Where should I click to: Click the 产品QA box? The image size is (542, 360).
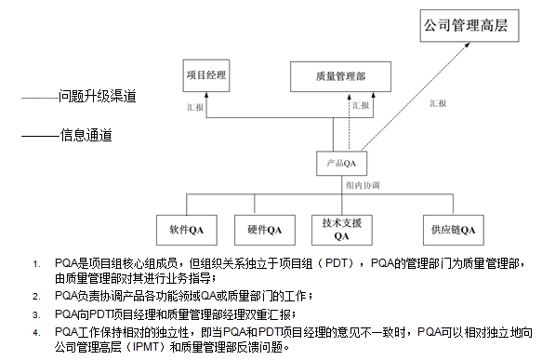point(341,164)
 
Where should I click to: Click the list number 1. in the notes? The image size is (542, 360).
point(36,265)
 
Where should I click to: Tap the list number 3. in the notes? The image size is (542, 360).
point(36,314)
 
